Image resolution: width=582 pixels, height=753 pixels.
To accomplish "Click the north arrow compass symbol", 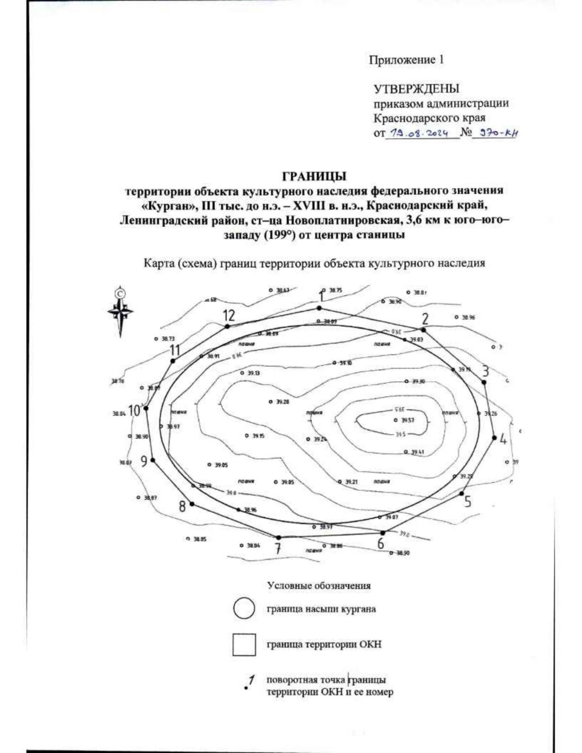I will pyautogui.click(x=120, y=311).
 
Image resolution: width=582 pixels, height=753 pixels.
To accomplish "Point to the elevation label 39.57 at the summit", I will pyautogui.click(x=406, y=420).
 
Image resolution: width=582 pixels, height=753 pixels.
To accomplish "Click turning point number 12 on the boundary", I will pyautogui.click(x=227, y=326).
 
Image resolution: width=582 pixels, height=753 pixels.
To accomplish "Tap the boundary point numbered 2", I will pyautogui.click(x=423, y=329).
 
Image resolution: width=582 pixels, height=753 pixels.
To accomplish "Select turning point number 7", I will pyautogui.click(x=278, y=537).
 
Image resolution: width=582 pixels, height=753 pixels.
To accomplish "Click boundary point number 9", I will pyautogui.click(x=153, y=460).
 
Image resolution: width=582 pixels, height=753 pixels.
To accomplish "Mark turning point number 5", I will pyautogui.click(x=461, y=494).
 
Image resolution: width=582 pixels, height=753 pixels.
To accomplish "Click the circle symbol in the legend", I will pyautogui.click(x=244, y=608).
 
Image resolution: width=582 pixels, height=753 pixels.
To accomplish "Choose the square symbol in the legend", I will pyautogui.click(x=244, y=644).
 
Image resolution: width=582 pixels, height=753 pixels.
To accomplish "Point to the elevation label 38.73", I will pyautogui.click(x=168, y=338).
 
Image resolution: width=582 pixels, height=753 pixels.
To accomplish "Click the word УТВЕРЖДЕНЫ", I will pyautogui.click(x=416, y=89).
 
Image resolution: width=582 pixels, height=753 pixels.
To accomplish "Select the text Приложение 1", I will pyautogui.click(x=406, y=60).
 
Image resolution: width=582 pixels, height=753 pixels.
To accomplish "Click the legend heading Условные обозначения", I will pyautogui.click(x=319, y=585).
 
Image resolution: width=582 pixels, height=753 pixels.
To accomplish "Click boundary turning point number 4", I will pyautogui.click(x=494, y=437).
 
